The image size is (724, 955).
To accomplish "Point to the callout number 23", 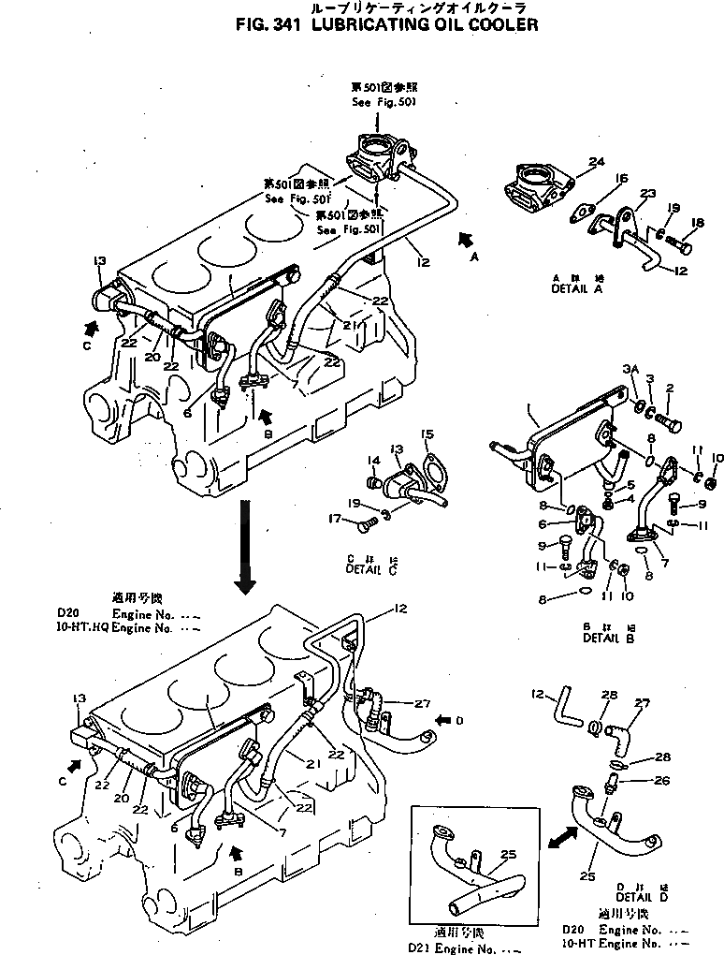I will pos(648,194).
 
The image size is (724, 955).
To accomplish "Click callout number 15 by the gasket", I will pos(427,434).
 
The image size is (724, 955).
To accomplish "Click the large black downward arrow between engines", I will pos(245,547).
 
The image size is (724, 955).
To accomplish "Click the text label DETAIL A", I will pos(576,290).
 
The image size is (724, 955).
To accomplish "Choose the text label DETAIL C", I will pos(371,568).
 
